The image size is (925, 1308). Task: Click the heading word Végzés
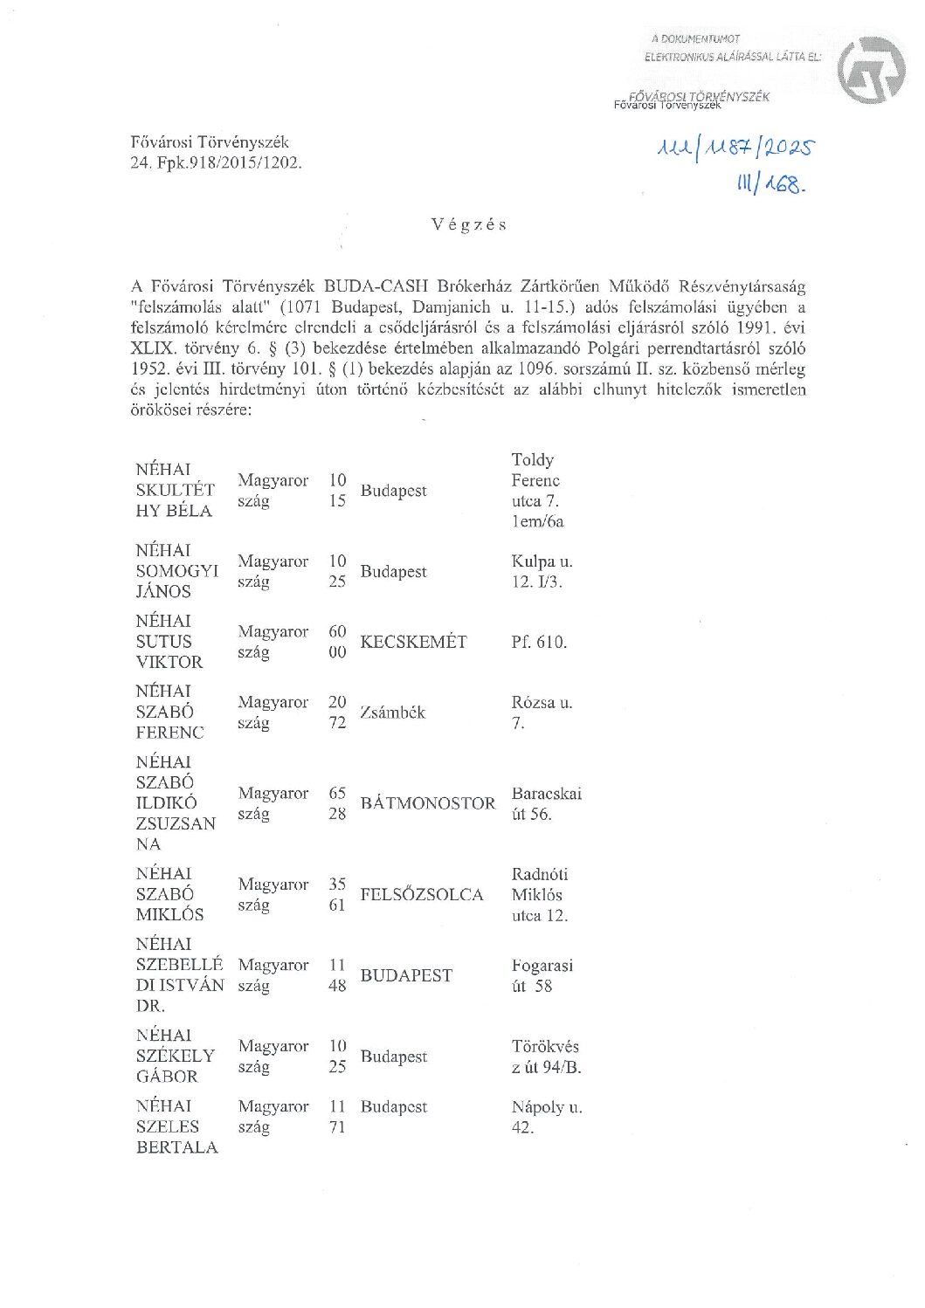(469, 224)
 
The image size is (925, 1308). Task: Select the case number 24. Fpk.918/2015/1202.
(216, 162)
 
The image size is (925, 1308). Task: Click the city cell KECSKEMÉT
(413, 642)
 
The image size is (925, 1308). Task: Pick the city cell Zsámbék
(392, 713)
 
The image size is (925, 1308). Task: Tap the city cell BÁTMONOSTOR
(427, 803)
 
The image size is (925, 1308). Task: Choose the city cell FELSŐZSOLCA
(421, 894)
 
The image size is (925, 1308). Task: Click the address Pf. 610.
(539, 642)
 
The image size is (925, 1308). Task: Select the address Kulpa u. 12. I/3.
(542, 571)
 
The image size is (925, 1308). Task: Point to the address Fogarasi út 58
(542, 975)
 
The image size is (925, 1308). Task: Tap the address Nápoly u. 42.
(546, 1117)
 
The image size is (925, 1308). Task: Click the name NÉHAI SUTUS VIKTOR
(169, 642)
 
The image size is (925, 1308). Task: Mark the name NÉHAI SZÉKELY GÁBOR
(175, 1056)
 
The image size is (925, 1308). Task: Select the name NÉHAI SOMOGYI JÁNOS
(176, 571)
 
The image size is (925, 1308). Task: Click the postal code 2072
(337, 713)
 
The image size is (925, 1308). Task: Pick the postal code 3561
(337, 894)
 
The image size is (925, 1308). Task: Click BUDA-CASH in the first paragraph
(376, 286)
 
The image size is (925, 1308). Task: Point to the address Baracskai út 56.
(546, 803)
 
